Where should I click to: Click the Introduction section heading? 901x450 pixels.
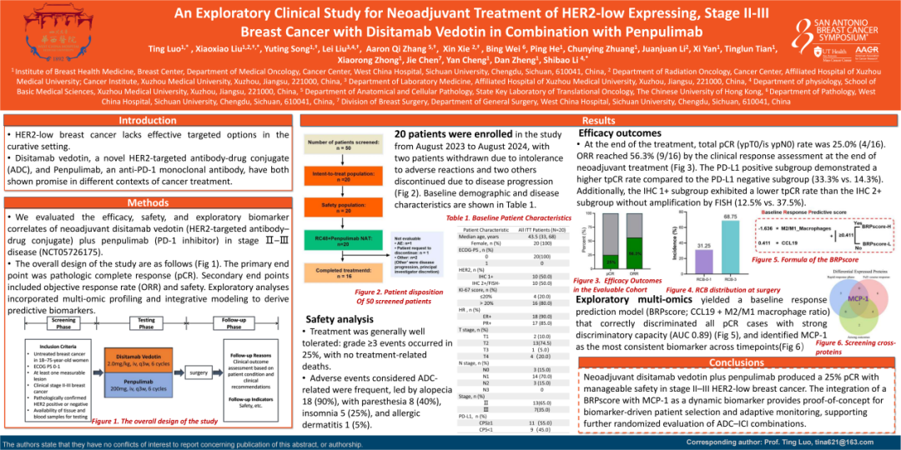148,121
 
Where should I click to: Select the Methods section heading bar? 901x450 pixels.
148,202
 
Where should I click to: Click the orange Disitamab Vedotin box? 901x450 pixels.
138,361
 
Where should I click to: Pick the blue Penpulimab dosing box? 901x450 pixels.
138,385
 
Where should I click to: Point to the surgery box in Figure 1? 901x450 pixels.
199,372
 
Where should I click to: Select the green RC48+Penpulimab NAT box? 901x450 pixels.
342,243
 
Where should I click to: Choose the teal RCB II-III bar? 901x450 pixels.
707,245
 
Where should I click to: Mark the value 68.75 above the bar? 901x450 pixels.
707,217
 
